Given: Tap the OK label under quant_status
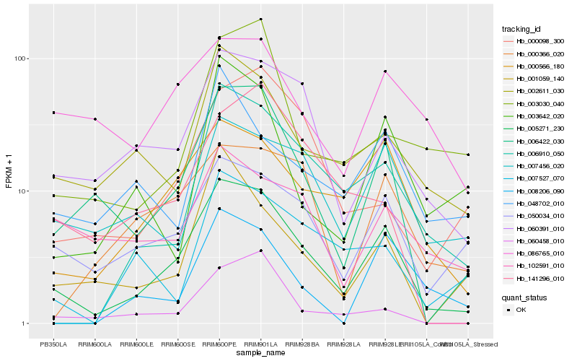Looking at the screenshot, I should point(521,310).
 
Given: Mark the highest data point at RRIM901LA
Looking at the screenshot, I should point(260,19).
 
